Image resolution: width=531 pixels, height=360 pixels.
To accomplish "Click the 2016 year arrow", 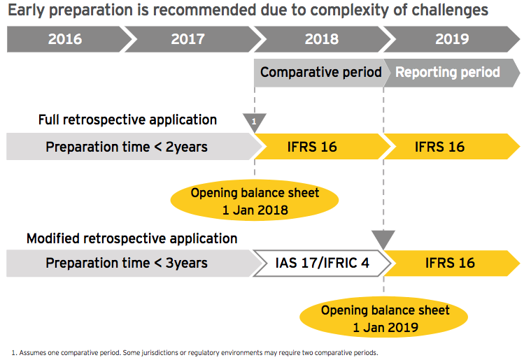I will click(x=65, y=39).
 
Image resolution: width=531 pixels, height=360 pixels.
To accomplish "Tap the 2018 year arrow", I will click(x=320, y=39).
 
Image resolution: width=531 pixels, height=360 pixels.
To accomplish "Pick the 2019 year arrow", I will click(x=451, y=39).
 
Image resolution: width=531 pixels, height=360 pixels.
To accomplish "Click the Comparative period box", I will click(x=320, y=73).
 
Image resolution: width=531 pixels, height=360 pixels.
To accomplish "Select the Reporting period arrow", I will click(x=448, y=73).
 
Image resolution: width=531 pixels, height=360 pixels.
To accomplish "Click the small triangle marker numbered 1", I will click(x=255, y=121).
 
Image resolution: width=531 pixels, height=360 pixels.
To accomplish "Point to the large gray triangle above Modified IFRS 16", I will click(x=383, y=238).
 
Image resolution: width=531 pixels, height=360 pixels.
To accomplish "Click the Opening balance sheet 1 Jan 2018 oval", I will click(x=255, y=200).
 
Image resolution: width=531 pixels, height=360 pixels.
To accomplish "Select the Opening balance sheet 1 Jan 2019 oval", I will click(x=385, y=318).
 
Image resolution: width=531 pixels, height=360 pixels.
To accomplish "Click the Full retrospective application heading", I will click(x=127, y=120).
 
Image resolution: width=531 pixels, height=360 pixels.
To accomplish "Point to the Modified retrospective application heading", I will click(x=132, y=239).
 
